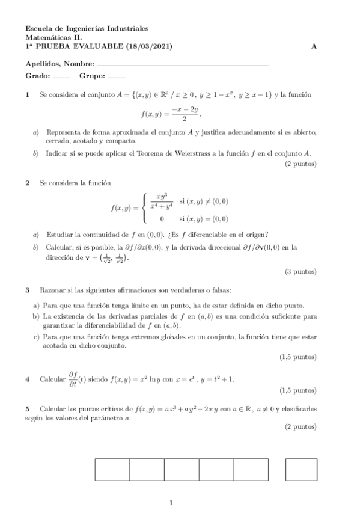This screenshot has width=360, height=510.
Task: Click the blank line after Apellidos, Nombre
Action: pos(183,64)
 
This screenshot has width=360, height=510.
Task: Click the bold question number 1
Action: pos(28,94)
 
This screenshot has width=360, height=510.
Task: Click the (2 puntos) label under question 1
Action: pos(301,163)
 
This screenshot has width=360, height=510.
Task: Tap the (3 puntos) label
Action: pos(301,271)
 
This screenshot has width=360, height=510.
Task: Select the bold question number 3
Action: pos(28,290)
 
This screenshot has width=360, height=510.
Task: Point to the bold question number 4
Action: pos(28,379)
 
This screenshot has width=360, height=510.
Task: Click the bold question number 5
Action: pos(28,409)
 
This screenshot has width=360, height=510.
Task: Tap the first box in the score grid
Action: pos(112,469)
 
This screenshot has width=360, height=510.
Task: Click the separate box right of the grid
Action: pos(302,469)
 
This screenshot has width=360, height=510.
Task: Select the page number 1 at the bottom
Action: pos(171,503)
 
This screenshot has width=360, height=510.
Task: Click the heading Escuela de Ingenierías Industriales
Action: pos(87,28)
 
